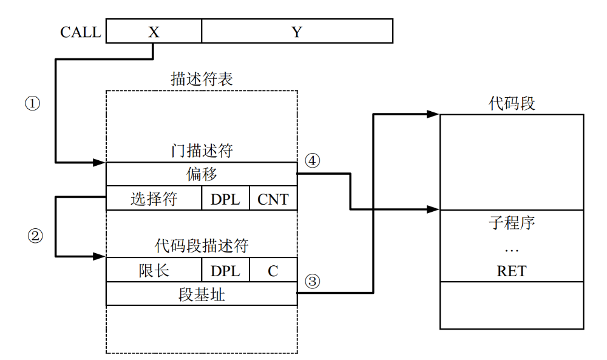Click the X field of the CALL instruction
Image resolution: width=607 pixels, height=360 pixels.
click(x=154, y=31)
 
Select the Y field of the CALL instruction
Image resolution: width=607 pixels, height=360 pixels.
click(x=297, y=31)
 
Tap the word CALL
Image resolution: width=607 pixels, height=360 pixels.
click(x=80, y=32)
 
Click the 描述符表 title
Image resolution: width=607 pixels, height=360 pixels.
click(x=202, y=79)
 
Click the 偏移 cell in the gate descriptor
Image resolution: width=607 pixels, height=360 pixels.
click(x=202, y=174)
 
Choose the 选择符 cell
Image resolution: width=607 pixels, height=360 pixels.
click(x=154, y=199)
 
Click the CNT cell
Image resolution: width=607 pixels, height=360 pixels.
click(x=273, y=199)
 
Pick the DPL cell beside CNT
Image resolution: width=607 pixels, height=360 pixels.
click(x=225, y=199)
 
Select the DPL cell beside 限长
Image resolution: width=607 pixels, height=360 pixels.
click(x=225, y=270)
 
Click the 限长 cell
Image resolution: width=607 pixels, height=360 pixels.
click(x=154, y=270)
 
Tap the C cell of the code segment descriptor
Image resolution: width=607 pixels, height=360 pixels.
click(x=273, y=270)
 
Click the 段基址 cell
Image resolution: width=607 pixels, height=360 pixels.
click(x=202, y=294)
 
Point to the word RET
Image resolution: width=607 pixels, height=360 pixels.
click(x=512, y=271)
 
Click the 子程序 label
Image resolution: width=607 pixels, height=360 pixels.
click(x=512, y=223)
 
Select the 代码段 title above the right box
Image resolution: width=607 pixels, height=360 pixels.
click(x=512, y=103)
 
